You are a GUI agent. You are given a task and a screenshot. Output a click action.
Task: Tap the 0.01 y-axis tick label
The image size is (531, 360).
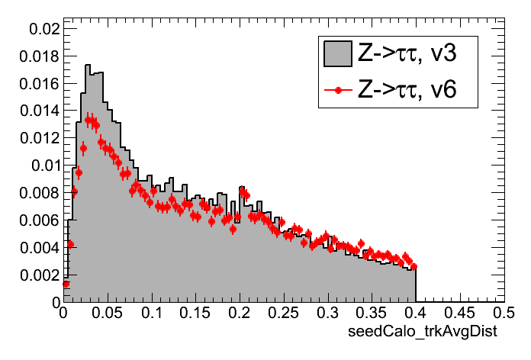(x=43, y=166)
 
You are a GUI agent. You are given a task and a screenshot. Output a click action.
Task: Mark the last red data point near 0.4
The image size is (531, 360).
(x=414, y=266)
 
